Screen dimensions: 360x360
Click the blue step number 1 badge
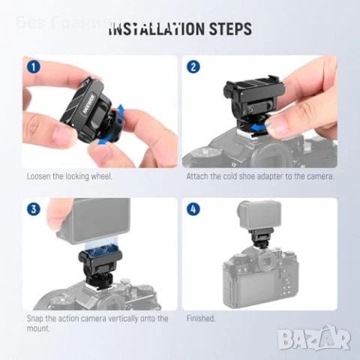pyautogui.click(x=32, y=66)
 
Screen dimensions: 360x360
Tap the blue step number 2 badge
pyautogui.click(x=193, y=66)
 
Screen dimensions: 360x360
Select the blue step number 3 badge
pyautogui.click(x=32, y=209)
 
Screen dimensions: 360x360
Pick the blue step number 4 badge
pyautogui.click(x=193, y=209)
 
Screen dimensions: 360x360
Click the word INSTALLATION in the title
pyautogui.click(x=155, y=30)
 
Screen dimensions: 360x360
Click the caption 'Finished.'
pyautogui.click(x=201, y=319)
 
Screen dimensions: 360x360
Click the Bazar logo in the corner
pyautogui.click(x=313, y=338)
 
